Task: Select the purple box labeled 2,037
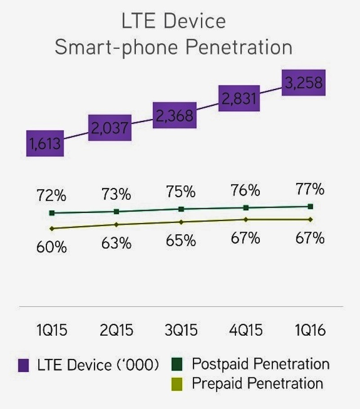coord(110,128)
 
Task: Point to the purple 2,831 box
coord(239,98)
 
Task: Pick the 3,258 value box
coord(304,84)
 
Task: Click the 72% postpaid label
coord(52,196)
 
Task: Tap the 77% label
coord(310,189)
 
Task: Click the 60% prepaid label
coord(52,247)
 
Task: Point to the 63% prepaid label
coord(117,243)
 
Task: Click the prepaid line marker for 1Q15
coord(52,229)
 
